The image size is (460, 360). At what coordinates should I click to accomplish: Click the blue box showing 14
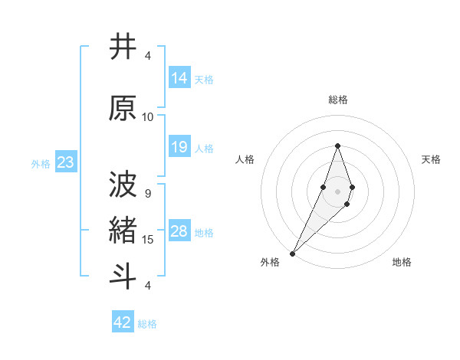179,78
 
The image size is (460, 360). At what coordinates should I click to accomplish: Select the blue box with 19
179,147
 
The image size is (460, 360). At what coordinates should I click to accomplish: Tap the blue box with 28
179,231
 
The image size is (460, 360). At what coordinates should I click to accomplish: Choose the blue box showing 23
65,162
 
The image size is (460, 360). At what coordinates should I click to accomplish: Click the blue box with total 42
123,322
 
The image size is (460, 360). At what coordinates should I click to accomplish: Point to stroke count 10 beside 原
148,116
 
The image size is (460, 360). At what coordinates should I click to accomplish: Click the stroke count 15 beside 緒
148,240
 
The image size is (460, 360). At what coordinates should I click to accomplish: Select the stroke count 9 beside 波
148,193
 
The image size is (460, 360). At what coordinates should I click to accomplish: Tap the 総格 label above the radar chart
338,100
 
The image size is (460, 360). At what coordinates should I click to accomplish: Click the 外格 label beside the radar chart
270,262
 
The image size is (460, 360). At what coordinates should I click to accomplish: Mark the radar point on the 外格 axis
292,253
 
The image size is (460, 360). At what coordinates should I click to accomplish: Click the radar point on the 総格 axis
337,146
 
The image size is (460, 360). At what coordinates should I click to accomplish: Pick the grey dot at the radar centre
337,191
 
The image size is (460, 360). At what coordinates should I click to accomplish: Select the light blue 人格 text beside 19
204,148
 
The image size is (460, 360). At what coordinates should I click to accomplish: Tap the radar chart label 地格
402,262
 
